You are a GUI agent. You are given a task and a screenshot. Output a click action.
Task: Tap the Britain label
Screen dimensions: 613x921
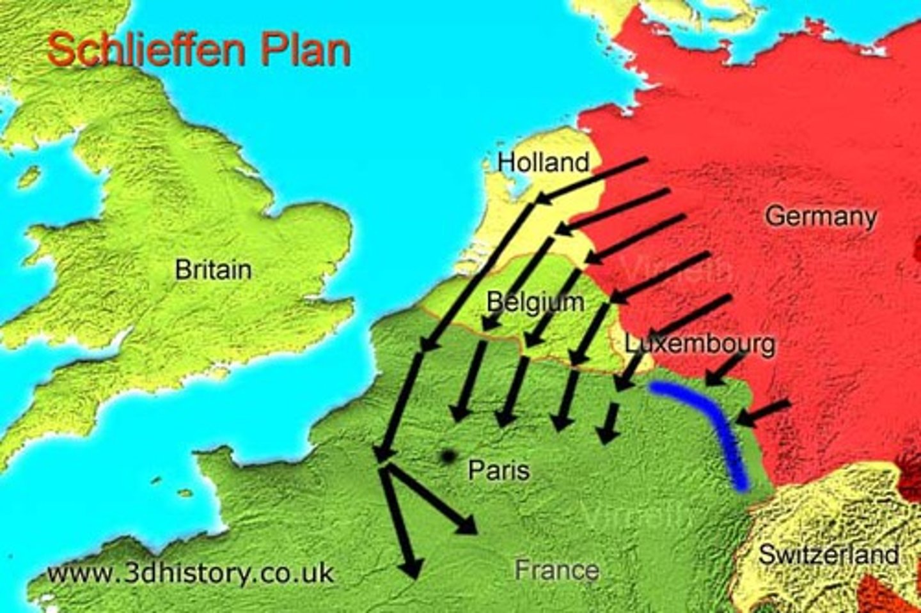pos(213,270)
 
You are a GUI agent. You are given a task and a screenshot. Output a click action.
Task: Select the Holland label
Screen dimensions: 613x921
pos(544,162)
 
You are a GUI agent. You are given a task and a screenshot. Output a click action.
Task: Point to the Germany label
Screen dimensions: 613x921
pos(821,216)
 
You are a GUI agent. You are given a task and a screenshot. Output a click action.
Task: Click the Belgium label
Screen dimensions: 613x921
pos(535,301)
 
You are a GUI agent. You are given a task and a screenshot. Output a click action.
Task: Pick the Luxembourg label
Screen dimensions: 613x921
pos(700,344)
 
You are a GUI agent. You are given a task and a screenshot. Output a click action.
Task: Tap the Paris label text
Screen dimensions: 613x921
pos(499,470)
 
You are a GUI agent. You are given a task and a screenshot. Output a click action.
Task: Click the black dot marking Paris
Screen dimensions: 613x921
pos(446,456)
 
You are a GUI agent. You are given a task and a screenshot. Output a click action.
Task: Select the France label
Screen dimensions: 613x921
pos(556,570)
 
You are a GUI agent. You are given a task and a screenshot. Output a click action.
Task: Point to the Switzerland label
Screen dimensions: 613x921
pos(828,554)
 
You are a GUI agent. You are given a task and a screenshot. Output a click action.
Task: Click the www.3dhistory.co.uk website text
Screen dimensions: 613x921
pos(191,572)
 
